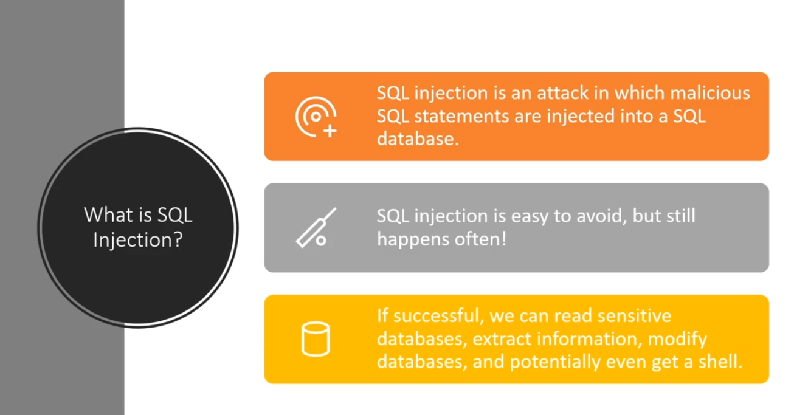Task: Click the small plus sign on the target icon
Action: (x=330, y=131)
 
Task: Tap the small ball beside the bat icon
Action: (x=321, y=241)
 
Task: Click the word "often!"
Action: (x=483, y=238)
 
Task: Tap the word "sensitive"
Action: (x=635, y=317)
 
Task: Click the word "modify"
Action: (x=680, y=339)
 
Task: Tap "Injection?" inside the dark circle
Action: (x=138, y=239)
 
